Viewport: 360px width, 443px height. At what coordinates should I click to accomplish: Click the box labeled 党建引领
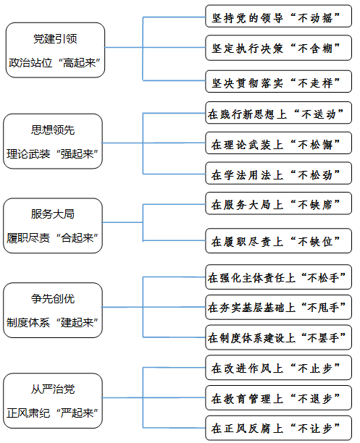pos(55,50)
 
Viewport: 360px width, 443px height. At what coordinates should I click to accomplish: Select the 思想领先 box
pos(53,141)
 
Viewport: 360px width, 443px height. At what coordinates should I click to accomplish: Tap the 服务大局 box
pos(53,225)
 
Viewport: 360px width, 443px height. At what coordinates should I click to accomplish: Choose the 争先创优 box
pos(53,310)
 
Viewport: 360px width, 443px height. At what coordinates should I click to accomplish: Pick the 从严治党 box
pos(53,400)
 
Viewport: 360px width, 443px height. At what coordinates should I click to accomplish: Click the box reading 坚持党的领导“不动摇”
pos(279,16)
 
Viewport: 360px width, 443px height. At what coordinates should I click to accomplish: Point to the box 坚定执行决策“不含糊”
pos(279,48)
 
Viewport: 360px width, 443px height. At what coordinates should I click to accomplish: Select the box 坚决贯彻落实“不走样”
pos(279,81)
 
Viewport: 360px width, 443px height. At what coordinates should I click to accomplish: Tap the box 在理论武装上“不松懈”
pos(279,143)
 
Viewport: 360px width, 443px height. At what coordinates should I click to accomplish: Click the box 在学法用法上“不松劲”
pos(279,173)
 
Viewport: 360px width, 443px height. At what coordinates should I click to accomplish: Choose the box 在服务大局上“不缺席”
pos(279,203)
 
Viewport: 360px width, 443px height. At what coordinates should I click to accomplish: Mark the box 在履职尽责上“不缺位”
pos(279,241)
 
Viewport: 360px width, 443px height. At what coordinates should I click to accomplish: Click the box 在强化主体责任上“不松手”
pos(279,277)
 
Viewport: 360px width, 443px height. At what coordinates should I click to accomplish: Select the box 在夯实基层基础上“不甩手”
pos(279,307)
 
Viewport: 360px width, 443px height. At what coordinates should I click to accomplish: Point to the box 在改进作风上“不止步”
pos(279,368)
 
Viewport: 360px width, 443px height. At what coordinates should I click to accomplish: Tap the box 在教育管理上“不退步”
pos(279,398)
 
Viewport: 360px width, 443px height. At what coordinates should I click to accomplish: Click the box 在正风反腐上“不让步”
pos(279,428)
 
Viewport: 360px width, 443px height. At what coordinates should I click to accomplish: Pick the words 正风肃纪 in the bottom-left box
pos(28,413)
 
